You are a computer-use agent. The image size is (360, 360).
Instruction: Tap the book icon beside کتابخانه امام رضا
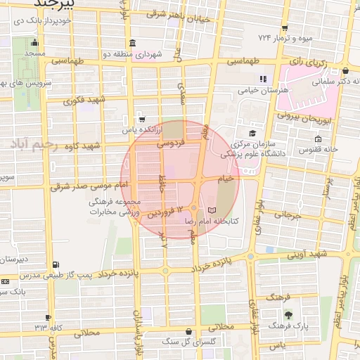tap(213, 210)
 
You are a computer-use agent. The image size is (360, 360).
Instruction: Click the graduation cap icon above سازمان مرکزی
tap(252, 133)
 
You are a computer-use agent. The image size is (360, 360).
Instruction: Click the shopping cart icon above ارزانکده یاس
tap(143, 119)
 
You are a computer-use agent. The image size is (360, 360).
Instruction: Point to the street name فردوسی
tap(170, 143)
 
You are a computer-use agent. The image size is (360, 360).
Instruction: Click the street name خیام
tap(226, 179)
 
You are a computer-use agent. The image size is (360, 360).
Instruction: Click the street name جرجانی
tap(287, 214)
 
